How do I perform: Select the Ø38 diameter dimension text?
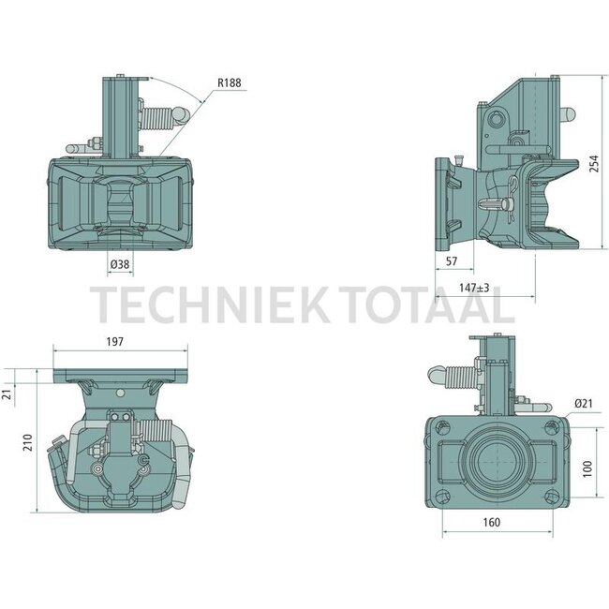pos(120,264)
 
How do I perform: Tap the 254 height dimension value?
pos(594,164)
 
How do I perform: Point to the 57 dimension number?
pos(452,261)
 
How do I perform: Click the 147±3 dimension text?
pos(474,288)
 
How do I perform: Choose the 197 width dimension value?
pos(115,341)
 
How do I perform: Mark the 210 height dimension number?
pos(27,442)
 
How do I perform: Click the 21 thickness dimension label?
pos(7,394)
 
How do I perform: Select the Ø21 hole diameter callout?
pos(584,404)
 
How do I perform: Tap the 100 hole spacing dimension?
pos(587,468)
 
